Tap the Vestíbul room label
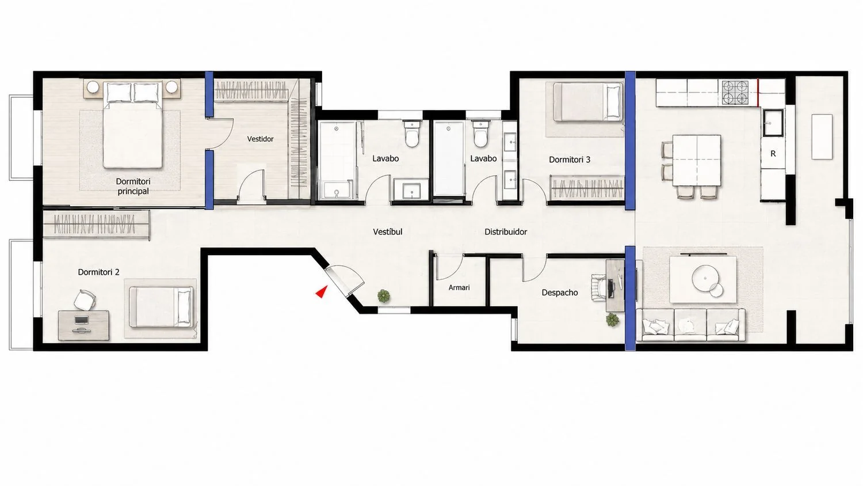tap(388, 232)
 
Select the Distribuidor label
tap(506, 232)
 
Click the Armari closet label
tap(459, 287)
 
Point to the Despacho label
tap(559, 293)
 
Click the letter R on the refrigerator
tap(773, 154)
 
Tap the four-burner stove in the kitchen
tap(735, 93)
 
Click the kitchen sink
tap(773, 123)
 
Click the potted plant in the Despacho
tap(612, 320)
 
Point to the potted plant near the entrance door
tap(383, 296)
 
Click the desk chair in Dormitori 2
tap(85, 300)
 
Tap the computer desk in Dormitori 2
tap(83, 325)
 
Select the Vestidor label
tap(260, 139)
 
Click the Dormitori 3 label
tap(570, 160)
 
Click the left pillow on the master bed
tap(119, 93)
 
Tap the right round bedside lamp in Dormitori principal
tap(172, 87)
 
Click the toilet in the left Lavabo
tap(412, 134)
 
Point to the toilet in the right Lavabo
tap(480, 134)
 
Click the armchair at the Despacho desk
tap(599, 287)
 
